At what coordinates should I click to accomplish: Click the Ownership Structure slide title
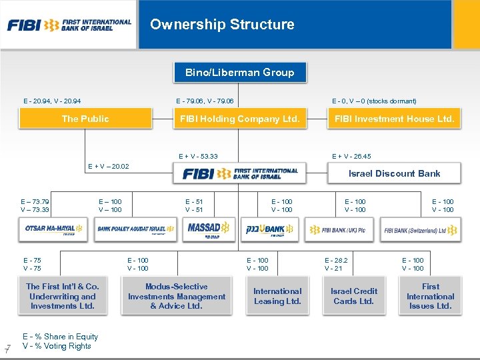click(x=222, y=25)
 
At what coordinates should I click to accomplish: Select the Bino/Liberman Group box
click(x=239, y=73)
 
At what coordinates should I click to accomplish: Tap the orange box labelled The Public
click(x=85, y=119)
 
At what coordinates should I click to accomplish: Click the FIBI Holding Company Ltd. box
click(x=241, y=119)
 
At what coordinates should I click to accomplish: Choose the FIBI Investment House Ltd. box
click(x=394, y=119)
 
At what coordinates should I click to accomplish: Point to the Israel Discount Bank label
click(x=394, y=173)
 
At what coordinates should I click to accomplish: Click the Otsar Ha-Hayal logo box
click(x=53, y=229)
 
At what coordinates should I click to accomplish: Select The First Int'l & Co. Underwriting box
click(x=63, y=296)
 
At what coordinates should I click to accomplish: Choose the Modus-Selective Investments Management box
click(x=177, y=296)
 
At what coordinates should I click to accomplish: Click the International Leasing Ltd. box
click(x=277, y=296)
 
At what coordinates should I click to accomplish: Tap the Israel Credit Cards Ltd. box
click(x=354, y=296)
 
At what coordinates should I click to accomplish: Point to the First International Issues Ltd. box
click(x=430, y=296)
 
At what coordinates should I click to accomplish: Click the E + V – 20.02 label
click(x=109, y=167)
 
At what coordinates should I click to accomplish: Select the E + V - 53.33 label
click(x=198, y=157)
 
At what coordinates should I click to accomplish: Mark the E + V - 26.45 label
click(x=351, y=157)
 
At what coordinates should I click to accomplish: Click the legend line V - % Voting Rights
click(x=57, y=346)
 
